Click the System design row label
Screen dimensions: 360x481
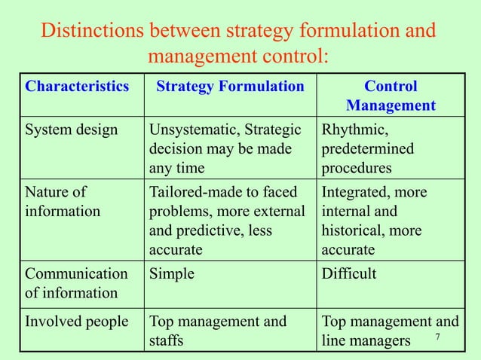[x=72, y=129]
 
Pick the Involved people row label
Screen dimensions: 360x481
[x=76, y=322]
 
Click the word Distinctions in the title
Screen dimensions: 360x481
[x=92, y=33]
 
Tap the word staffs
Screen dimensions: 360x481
[x=170, y=341]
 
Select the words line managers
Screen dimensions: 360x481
[x=366, y=341]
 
